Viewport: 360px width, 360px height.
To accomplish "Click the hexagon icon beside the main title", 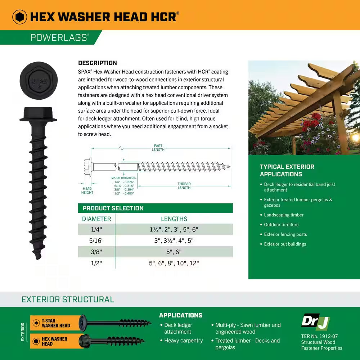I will pyautogui.click(x=19, y=17).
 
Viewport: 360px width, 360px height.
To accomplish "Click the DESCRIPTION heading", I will pyautogui.click(x=97, y=63).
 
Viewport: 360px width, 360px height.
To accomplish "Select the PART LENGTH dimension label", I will pyautogui.click(x=158, y=148).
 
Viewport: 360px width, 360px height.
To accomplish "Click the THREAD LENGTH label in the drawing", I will pyautogui.click(x=184, y=186).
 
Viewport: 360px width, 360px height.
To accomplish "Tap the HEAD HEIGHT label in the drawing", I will pyautogui.click(x=87, y=190).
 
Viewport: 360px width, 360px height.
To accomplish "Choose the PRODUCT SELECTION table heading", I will pyautogui.click(x=113, y=208).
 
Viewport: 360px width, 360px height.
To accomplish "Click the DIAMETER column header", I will pyautogui.click(x=96, y=219).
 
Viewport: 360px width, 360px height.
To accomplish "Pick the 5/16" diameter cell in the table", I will pyautogui.click(x=96, y=240).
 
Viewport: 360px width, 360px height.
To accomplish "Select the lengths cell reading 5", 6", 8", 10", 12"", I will pyautogui.click(x=174, y=263).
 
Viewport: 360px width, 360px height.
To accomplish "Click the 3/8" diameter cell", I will pyautogui.click(x=96, y=252).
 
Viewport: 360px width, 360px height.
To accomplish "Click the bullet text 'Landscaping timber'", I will pyautogui.click(x=284, y=215).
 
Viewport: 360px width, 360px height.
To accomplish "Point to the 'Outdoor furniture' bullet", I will pyautogui.click(x=281, y=225).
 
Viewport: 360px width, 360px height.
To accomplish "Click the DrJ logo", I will pyautogui.click(x=315, y=321).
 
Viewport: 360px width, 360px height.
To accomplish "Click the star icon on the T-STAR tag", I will pyautogui.click(x=36, y=323).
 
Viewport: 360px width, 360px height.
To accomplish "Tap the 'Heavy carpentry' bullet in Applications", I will pyautogui.click(x=183, y=341).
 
